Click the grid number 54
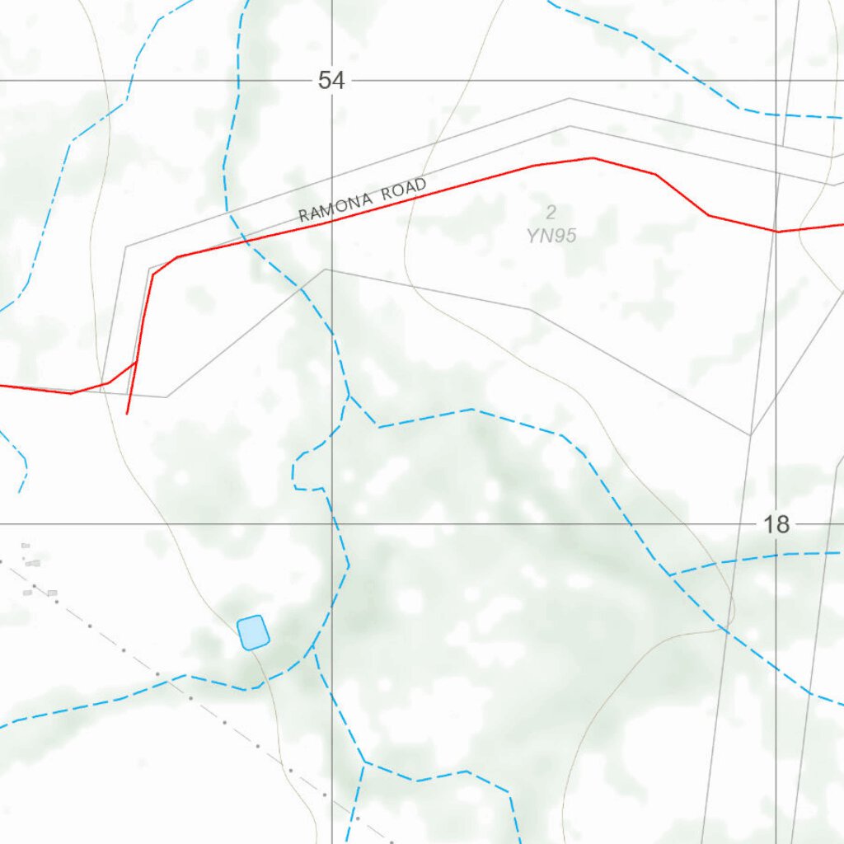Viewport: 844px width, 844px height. [x=331, y=81]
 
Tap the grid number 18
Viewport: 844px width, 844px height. [x=776, y=524]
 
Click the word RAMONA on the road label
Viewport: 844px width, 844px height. [x=337, y=206]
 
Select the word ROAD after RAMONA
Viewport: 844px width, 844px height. [x=403, y=189]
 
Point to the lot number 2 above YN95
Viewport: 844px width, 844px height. [x=551, y=213]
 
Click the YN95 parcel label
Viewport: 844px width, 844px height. [x=551, y=236]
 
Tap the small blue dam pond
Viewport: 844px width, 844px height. [x=253, y=632]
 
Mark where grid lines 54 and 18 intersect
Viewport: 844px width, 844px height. [x=332, y=524]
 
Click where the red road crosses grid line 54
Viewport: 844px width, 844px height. [x=332, y=221]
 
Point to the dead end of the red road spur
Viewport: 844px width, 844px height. [x=127, y=414]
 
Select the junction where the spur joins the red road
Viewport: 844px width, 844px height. [x=137, y=361]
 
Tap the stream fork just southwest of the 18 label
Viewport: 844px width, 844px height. [x=671, y=574]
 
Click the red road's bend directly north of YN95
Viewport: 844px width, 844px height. [x=592, y=157]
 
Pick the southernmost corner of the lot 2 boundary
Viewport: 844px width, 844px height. [x=750, y=434]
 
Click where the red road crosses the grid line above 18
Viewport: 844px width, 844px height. [x=776, y=232]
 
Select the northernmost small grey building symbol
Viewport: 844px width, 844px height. [x=26, y=545]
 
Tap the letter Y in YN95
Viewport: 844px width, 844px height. [x=532, y=236]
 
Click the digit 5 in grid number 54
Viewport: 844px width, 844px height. [x=325, y=81]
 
